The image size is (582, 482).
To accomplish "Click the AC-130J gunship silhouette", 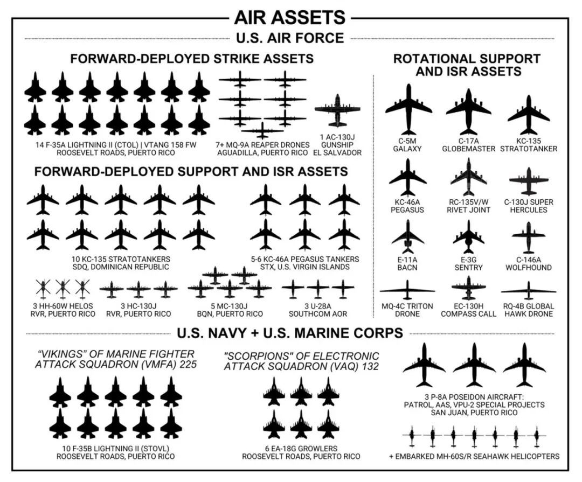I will point(337,111).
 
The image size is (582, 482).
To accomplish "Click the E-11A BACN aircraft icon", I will point(408,235).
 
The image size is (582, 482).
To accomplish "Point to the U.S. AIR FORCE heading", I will point(290,38).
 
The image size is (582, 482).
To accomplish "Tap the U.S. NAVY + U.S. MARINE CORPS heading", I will point(290,333).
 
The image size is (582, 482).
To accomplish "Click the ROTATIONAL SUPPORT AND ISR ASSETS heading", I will point(467,65).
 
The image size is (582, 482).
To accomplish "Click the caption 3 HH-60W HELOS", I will point(63,306).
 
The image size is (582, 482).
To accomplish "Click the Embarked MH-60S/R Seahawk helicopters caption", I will point(474,456).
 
